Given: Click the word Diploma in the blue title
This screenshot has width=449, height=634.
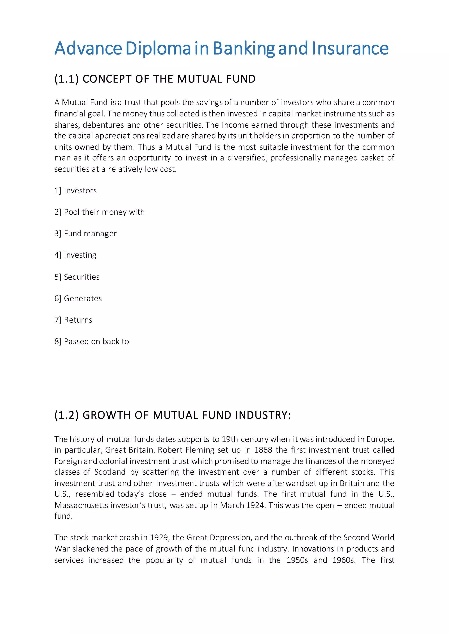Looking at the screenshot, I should point(159,49).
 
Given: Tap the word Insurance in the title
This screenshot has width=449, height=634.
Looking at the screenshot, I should point(350,49).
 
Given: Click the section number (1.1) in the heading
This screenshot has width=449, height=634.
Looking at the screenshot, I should point(67,79).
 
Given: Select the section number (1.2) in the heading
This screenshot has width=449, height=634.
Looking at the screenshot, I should point(67,415).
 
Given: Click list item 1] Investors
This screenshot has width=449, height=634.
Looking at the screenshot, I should point(75,190).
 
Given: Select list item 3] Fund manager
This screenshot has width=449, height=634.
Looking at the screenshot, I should point(86,234).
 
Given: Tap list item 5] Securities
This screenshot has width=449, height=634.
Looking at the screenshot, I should point(77,277).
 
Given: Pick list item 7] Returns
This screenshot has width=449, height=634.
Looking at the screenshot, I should point(73,320).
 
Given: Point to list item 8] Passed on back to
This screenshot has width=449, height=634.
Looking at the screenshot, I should point(91,342).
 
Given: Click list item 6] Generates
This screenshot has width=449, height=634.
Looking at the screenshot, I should point(78,298).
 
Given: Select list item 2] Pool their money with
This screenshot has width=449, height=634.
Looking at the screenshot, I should point(100,212).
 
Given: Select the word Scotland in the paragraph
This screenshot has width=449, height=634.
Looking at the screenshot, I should point(110,472).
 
